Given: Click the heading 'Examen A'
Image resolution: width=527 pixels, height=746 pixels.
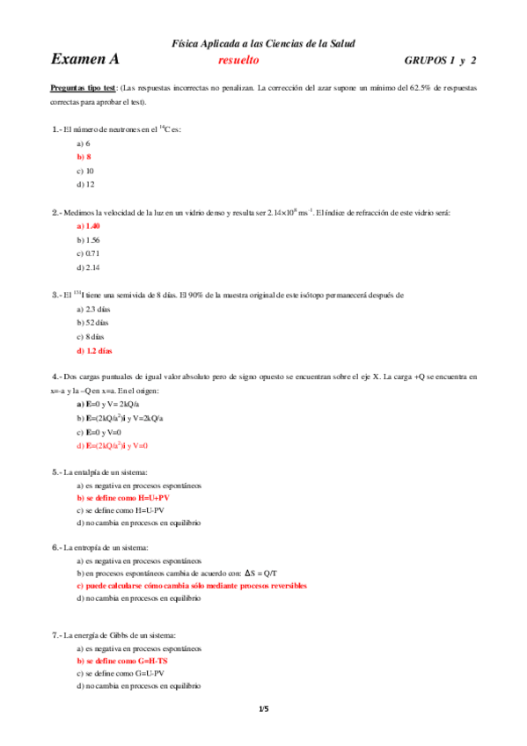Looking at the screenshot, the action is pos(84,60).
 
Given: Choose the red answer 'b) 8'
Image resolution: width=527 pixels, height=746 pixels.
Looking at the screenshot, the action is pos(84,157).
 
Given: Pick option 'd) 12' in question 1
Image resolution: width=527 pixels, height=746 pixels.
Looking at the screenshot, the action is pos(85,185).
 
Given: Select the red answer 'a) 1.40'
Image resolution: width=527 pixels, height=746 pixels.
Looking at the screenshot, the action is pos(88,226).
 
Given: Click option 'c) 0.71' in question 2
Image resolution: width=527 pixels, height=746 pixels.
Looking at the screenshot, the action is pos(88,253).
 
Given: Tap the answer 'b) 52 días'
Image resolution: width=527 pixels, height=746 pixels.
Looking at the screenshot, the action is pos(92,323).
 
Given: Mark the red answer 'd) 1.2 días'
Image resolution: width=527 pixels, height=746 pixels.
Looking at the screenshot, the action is pos(94,351).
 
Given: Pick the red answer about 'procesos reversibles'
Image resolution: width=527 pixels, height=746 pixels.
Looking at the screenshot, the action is pos(192,585).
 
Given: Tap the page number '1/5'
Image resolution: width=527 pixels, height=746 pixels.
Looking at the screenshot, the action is pos(263,709).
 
